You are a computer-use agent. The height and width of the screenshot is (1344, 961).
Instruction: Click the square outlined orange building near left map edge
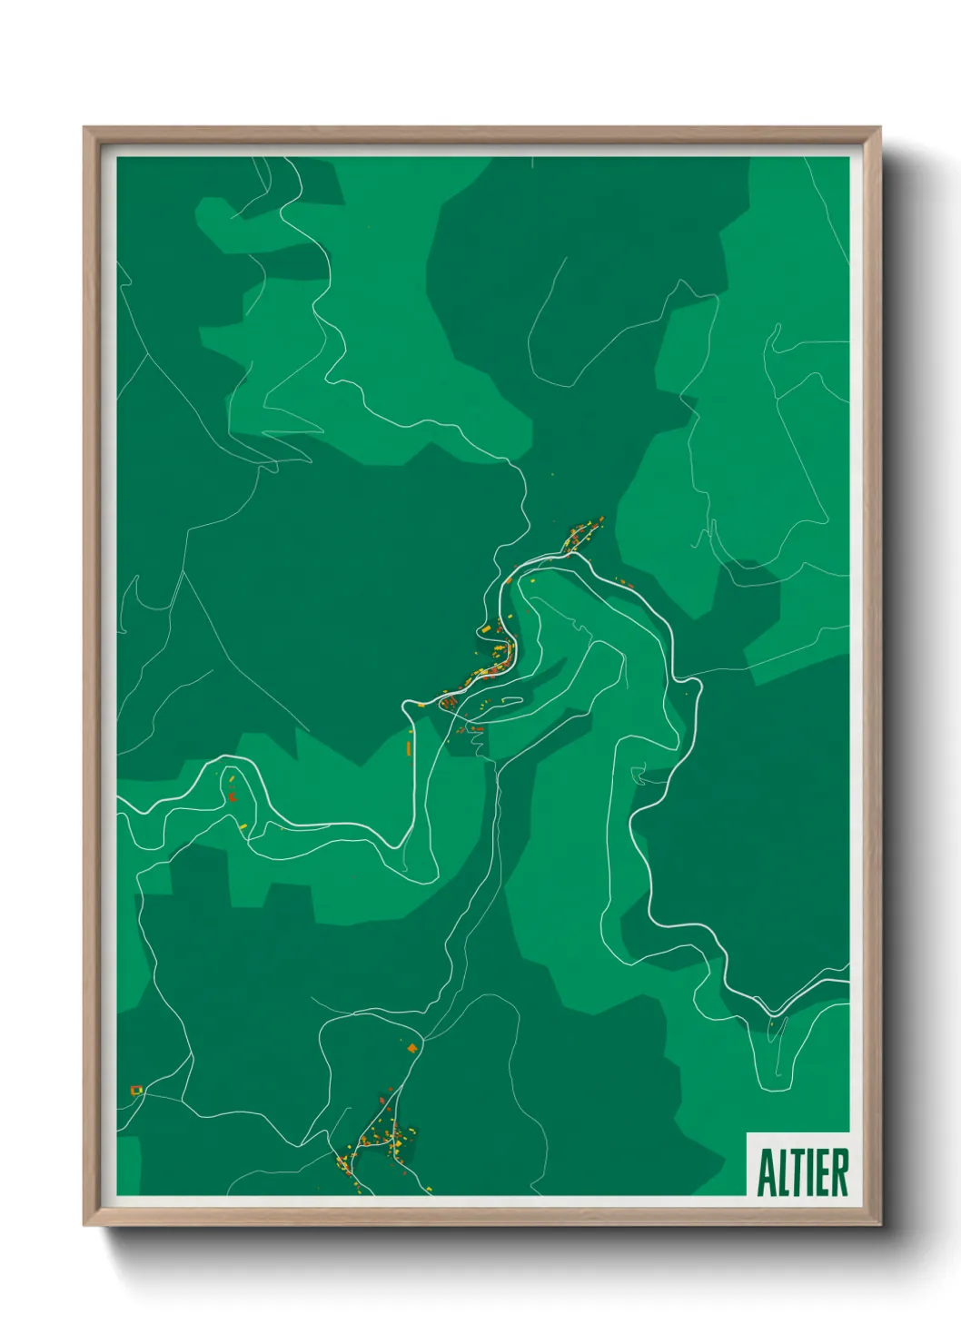(137, 1090)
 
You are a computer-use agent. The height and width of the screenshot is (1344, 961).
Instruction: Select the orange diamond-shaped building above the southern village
(412, 1049)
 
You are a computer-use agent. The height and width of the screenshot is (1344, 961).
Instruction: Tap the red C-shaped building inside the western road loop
(233, 796)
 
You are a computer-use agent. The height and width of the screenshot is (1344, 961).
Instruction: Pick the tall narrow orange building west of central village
(409, 748)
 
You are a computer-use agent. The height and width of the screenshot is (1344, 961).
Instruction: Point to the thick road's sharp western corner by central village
(405, 704)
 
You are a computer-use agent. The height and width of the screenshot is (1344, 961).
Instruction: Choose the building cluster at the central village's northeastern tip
(586, 531)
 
